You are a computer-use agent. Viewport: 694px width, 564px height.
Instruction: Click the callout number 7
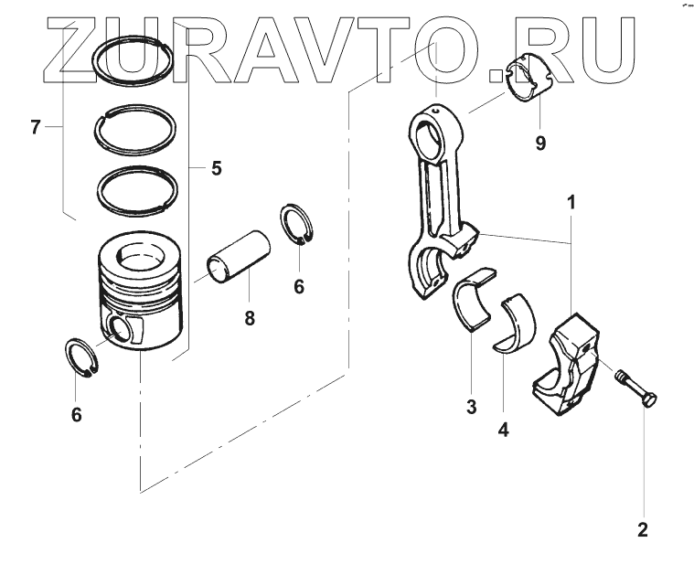[x=35, y=127]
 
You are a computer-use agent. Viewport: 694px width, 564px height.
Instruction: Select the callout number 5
[x=216, y=167]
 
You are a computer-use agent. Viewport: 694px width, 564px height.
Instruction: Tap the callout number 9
[x=540, y=143]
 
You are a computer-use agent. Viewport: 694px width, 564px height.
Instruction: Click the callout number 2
[x=643, y=528]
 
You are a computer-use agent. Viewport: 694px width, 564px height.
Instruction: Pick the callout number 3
[x=472, y=407]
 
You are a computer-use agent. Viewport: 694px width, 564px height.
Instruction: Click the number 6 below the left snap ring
[x=77, y=414]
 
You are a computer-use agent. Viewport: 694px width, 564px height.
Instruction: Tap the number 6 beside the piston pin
[x=298, y=286]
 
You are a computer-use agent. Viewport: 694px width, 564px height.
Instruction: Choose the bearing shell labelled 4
[x=516, y=322]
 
